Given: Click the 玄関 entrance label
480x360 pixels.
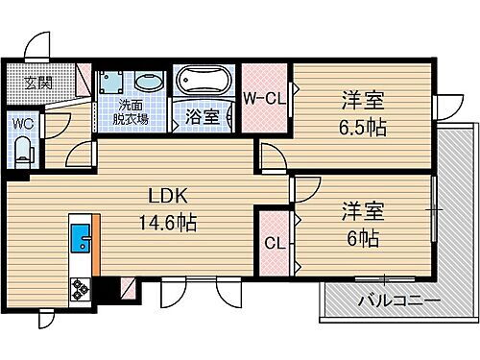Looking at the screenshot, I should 26,81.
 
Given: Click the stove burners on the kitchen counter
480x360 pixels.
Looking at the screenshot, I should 78,287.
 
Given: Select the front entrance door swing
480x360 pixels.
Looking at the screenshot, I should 36,46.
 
